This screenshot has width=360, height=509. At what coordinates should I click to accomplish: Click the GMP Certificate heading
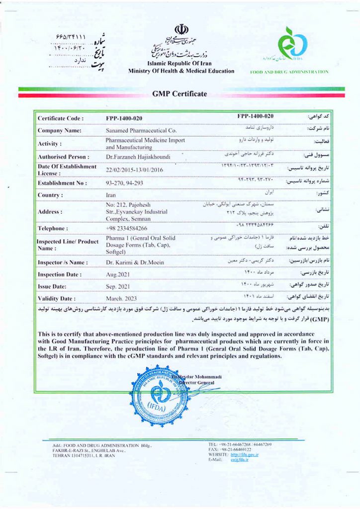coord(180,94)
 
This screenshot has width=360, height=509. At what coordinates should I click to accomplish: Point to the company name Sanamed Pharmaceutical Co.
coord(141,130)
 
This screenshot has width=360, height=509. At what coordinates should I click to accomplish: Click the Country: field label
coord(50,195)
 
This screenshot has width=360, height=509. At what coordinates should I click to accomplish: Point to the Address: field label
coord(50,212)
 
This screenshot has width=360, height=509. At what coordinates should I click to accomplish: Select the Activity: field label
coord(50,144)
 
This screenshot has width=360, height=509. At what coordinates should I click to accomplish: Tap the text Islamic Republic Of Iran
coord(181,64)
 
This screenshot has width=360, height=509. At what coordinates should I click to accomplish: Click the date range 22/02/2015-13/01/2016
coord(134,170)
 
